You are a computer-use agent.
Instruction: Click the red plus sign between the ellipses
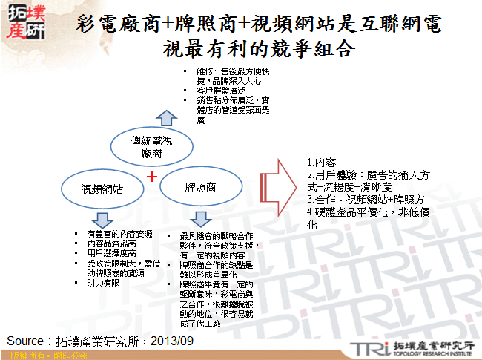(x=151, y=177)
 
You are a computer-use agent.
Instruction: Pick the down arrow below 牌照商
(x=199, y=219)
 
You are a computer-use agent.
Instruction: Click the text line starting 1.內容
(x=321, y=161)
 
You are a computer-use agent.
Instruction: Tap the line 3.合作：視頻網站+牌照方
(x=363, y=199)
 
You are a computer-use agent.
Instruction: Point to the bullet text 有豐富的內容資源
(x=120, y=235)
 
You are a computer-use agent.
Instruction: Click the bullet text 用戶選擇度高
(x=111, y=252)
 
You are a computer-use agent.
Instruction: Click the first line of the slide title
(x=259, y=24)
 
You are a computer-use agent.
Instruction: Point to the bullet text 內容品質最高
(x=111, y=243)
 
